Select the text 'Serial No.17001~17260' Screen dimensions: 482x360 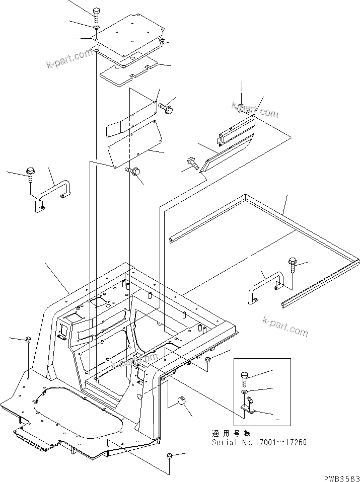(x=259, y=443)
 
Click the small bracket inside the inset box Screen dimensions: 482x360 (x=250, y=406)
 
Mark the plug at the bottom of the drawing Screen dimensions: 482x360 (x=169, y=456)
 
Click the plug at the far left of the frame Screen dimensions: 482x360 (x=29, y=341)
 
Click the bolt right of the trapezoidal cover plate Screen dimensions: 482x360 (x=166, y=107)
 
